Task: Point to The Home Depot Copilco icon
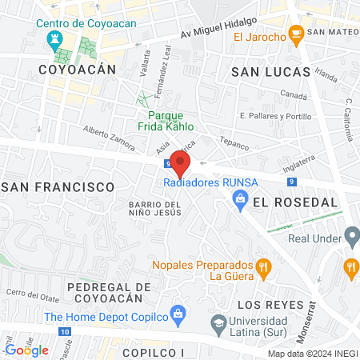coord(178,313)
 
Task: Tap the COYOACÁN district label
coord(77,70)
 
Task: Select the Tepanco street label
coord(234,147)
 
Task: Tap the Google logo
coord(26,350)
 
